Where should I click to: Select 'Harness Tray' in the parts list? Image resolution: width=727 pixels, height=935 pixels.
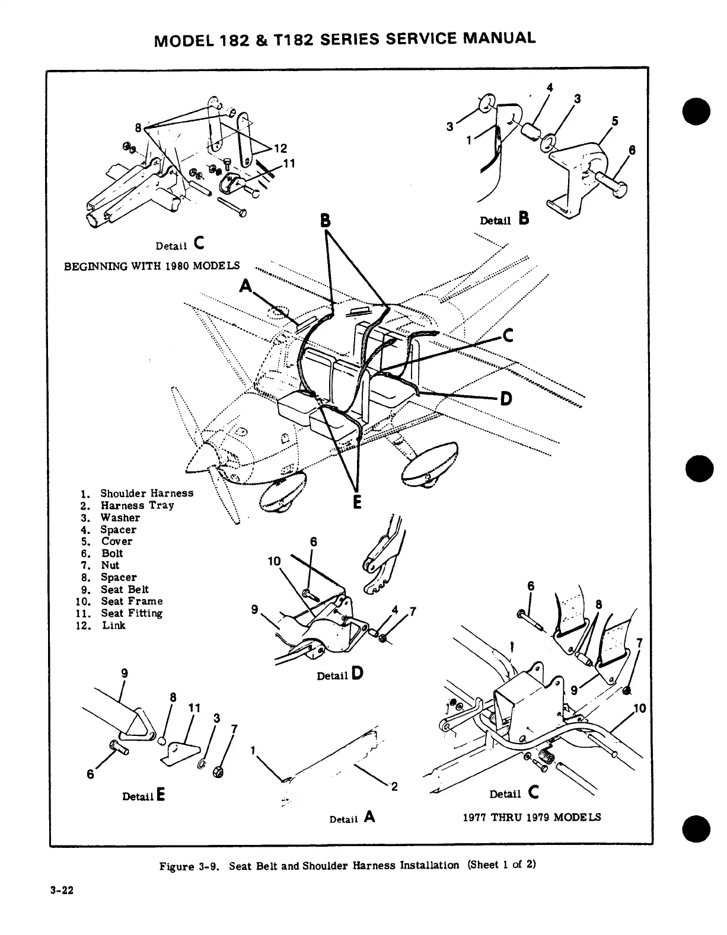pyautogui.click(x=137, y=505)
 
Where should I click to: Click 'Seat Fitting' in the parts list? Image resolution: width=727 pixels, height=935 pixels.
pyautogui.click(x=131, y=613)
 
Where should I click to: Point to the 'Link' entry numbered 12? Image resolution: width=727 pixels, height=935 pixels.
pyautogui.click(x=113, y=625)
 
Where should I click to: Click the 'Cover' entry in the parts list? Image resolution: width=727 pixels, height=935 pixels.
pyautogui.click(x=117, y=542)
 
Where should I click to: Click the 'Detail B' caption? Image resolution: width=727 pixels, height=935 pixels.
pyautogui.click(x=504, y=219)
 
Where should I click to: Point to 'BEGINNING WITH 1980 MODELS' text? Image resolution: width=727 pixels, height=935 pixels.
pyautogui.click(x=152, y=265)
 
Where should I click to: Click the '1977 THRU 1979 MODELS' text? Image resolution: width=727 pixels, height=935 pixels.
pyautogui.click(x=531, y=817)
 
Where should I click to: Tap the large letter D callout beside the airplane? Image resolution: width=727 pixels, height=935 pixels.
pyautogui.click(x=505, y=399)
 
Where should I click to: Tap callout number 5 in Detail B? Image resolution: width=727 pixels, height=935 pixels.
pyautogui.click(x=615, y=121)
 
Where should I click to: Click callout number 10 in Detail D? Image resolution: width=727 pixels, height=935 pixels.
pyautogui.click(x=274, y=561)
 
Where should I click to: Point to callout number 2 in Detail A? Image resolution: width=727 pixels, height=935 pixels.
pyautogui.click(x=394, y=787)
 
